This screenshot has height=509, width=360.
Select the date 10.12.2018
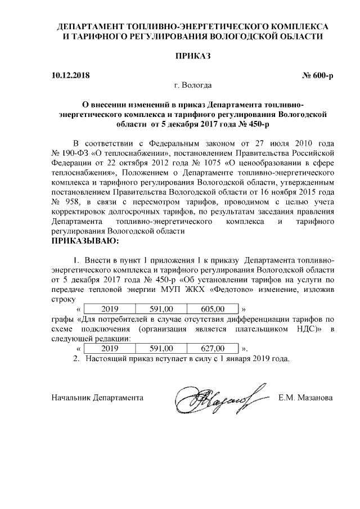coord(70,75)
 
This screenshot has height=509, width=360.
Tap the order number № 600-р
coord(318,75)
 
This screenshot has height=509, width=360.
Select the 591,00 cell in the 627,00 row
coord(162,348)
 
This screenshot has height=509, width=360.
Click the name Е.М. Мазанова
coord(305,398)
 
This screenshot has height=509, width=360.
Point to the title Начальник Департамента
coord(97,398)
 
